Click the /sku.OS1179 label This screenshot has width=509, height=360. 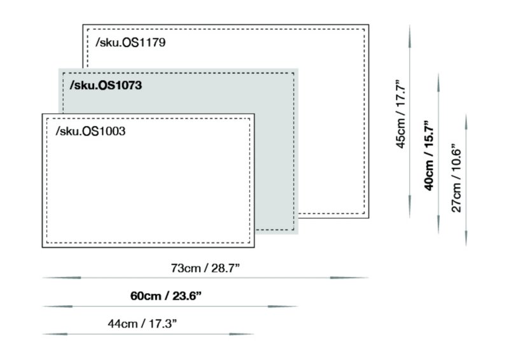tap(130, 43)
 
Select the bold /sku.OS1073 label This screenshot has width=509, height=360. tap(106, 85)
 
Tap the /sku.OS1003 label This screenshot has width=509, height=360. tap(90, 131)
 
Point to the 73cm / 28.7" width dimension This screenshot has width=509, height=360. tap(205, 268)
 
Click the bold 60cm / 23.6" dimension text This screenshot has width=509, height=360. tap(166, 296)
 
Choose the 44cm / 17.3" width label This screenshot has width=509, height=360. tap(142, 324)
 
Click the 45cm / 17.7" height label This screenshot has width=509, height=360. tap(401, 114)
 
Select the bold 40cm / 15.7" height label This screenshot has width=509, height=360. tap(429, 155)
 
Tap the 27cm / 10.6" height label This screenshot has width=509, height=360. tap(456, 178)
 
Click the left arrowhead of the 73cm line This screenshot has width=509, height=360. tap(62, 277)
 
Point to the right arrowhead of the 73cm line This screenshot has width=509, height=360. tap(349, 277)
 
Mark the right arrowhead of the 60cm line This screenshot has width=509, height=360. tap(282, 306)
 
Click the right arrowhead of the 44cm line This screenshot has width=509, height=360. tap(241, 334)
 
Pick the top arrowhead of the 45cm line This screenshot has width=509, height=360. tap(410, 36)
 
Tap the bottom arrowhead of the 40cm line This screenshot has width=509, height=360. tap(438, 224)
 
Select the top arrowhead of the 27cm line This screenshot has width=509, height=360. tap(466, 122)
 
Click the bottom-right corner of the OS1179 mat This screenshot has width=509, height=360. tap(369, 218)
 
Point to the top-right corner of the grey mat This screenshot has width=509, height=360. tap(298, 69)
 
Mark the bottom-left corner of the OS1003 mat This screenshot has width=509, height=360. tap(42, 247)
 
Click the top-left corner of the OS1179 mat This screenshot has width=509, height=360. tap(83, 25)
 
